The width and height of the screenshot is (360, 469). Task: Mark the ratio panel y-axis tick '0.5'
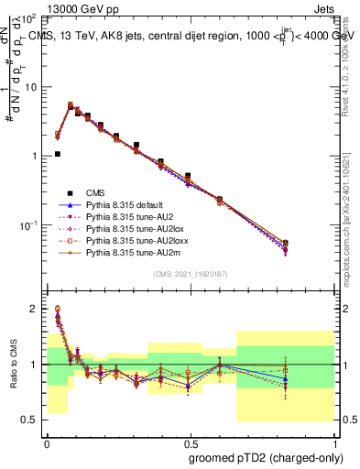coord(31,420)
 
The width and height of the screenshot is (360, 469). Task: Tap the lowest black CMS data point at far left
coord(58,154)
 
